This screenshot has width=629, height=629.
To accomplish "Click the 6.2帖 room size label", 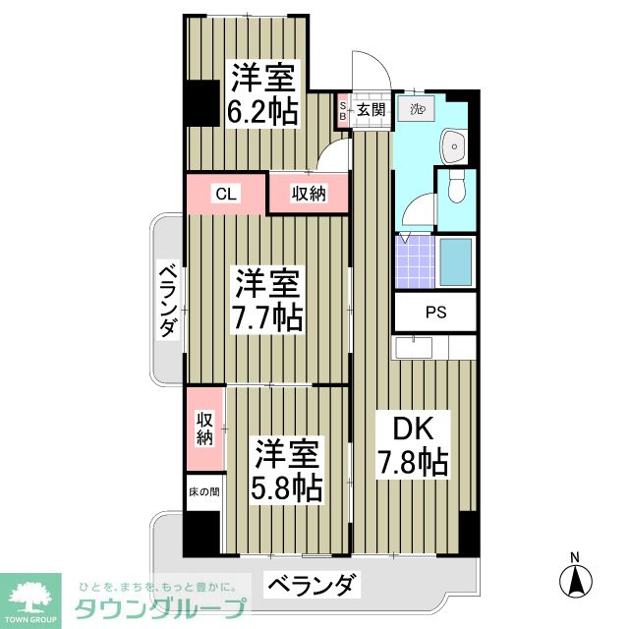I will (262, 111).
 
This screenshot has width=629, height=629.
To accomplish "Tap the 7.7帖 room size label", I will (266, 318).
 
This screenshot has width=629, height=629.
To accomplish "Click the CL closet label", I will (226, 194).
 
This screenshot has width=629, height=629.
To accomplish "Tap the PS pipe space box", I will (434, 314).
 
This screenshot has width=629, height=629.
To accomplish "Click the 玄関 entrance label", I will (370, 109).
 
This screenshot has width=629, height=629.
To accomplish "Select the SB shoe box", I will (342, 110).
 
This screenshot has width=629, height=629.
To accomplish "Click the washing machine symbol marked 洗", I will (416, 109).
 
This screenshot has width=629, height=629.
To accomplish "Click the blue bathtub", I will (456, 260).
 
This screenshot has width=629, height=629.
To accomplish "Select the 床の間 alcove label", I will (203, 490).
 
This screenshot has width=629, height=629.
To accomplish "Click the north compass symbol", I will (576, 578).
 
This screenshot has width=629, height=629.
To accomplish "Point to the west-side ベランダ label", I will (168, 301).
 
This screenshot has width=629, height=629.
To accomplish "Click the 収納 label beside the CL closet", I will (308, 194).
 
